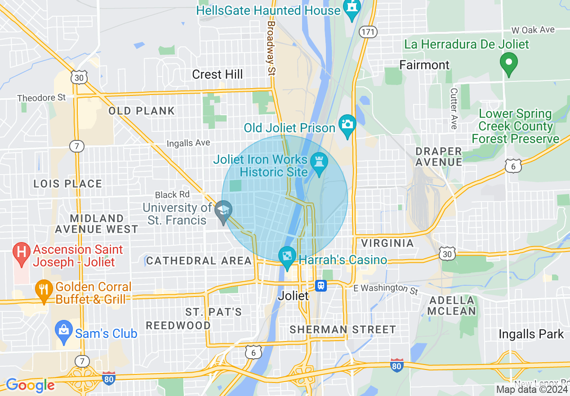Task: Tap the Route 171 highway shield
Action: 368,31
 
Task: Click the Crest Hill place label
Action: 217,74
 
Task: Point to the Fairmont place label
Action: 424,65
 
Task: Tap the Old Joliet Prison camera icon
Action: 347,123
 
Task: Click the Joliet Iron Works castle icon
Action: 319,161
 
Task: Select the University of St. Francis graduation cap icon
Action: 223,210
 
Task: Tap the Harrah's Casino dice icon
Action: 287,256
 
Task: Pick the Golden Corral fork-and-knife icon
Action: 44,288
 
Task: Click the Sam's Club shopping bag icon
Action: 63,330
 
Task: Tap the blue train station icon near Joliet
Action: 321,285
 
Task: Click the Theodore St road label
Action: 41,98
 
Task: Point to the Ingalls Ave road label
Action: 188,143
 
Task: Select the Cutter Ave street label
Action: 454,108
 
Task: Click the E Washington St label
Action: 386,289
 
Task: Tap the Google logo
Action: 30,385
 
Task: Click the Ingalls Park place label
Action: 531,334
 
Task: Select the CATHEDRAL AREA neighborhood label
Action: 199,261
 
